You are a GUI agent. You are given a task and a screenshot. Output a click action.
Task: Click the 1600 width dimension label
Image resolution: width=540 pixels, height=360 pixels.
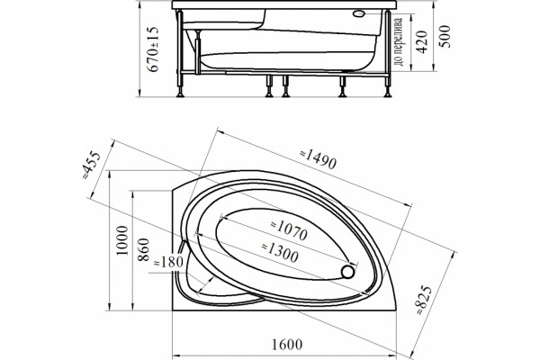287,344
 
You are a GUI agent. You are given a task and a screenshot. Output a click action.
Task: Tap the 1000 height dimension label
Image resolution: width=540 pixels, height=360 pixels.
121,240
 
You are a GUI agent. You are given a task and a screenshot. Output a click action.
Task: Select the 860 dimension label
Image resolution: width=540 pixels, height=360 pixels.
143,249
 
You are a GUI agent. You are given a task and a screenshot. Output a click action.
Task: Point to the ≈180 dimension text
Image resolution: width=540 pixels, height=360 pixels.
167,263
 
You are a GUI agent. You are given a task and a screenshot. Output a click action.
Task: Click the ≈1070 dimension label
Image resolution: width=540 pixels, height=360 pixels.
289,229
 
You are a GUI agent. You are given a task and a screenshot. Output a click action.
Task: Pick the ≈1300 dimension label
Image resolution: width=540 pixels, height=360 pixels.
280,252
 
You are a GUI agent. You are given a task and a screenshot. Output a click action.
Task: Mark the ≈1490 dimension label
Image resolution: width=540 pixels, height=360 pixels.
318,158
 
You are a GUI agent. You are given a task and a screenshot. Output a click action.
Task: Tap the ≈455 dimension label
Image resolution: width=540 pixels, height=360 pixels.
91,166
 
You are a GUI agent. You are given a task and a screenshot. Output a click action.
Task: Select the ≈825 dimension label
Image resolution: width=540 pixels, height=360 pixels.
423,300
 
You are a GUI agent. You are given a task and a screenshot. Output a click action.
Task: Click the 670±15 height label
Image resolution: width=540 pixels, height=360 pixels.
153,49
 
